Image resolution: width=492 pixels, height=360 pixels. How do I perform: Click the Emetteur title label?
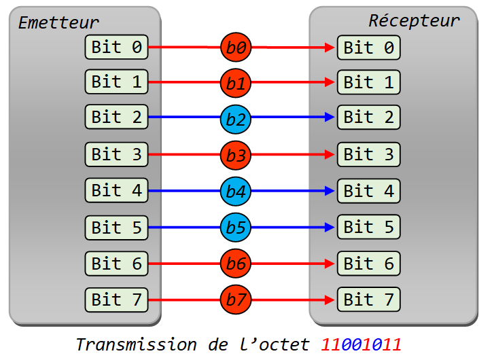58,22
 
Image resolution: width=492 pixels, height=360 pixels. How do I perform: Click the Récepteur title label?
414,20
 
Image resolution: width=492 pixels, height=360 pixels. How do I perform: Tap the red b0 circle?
236,47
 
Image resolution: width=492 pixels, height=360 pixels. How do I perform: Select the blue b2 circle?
236,119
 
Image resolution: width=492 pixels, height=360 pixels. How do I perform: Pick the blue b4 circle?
236,192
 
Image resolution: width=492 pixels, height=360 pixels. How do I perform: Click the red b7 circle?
236,299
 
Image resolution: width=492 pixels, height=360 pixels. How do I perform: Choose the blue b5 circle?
236,227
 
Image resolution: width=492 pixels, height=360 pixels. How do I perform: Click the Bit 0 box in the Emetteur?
116,47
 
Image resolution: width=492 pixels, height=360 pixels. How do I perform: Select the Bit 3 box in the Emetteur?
116,154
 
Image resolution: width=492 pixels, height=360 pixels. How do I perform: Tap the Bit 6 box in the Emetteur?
116,264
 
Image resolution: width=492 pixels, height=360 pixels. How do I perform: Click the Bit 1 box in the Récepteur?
369,82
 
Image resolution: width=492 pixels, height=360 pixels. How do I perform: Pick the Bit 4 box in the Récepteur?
369,191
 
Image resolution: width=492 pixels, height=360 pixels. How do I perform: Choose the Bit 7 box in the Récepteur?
369,300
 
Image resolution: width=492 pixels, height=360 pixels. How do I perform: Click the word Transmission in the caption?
137,344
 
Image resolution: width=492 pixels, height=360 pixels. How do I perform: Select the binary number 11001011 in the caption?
361,344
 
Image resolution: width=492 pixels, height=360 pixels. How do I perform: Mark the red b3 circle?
236,155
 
